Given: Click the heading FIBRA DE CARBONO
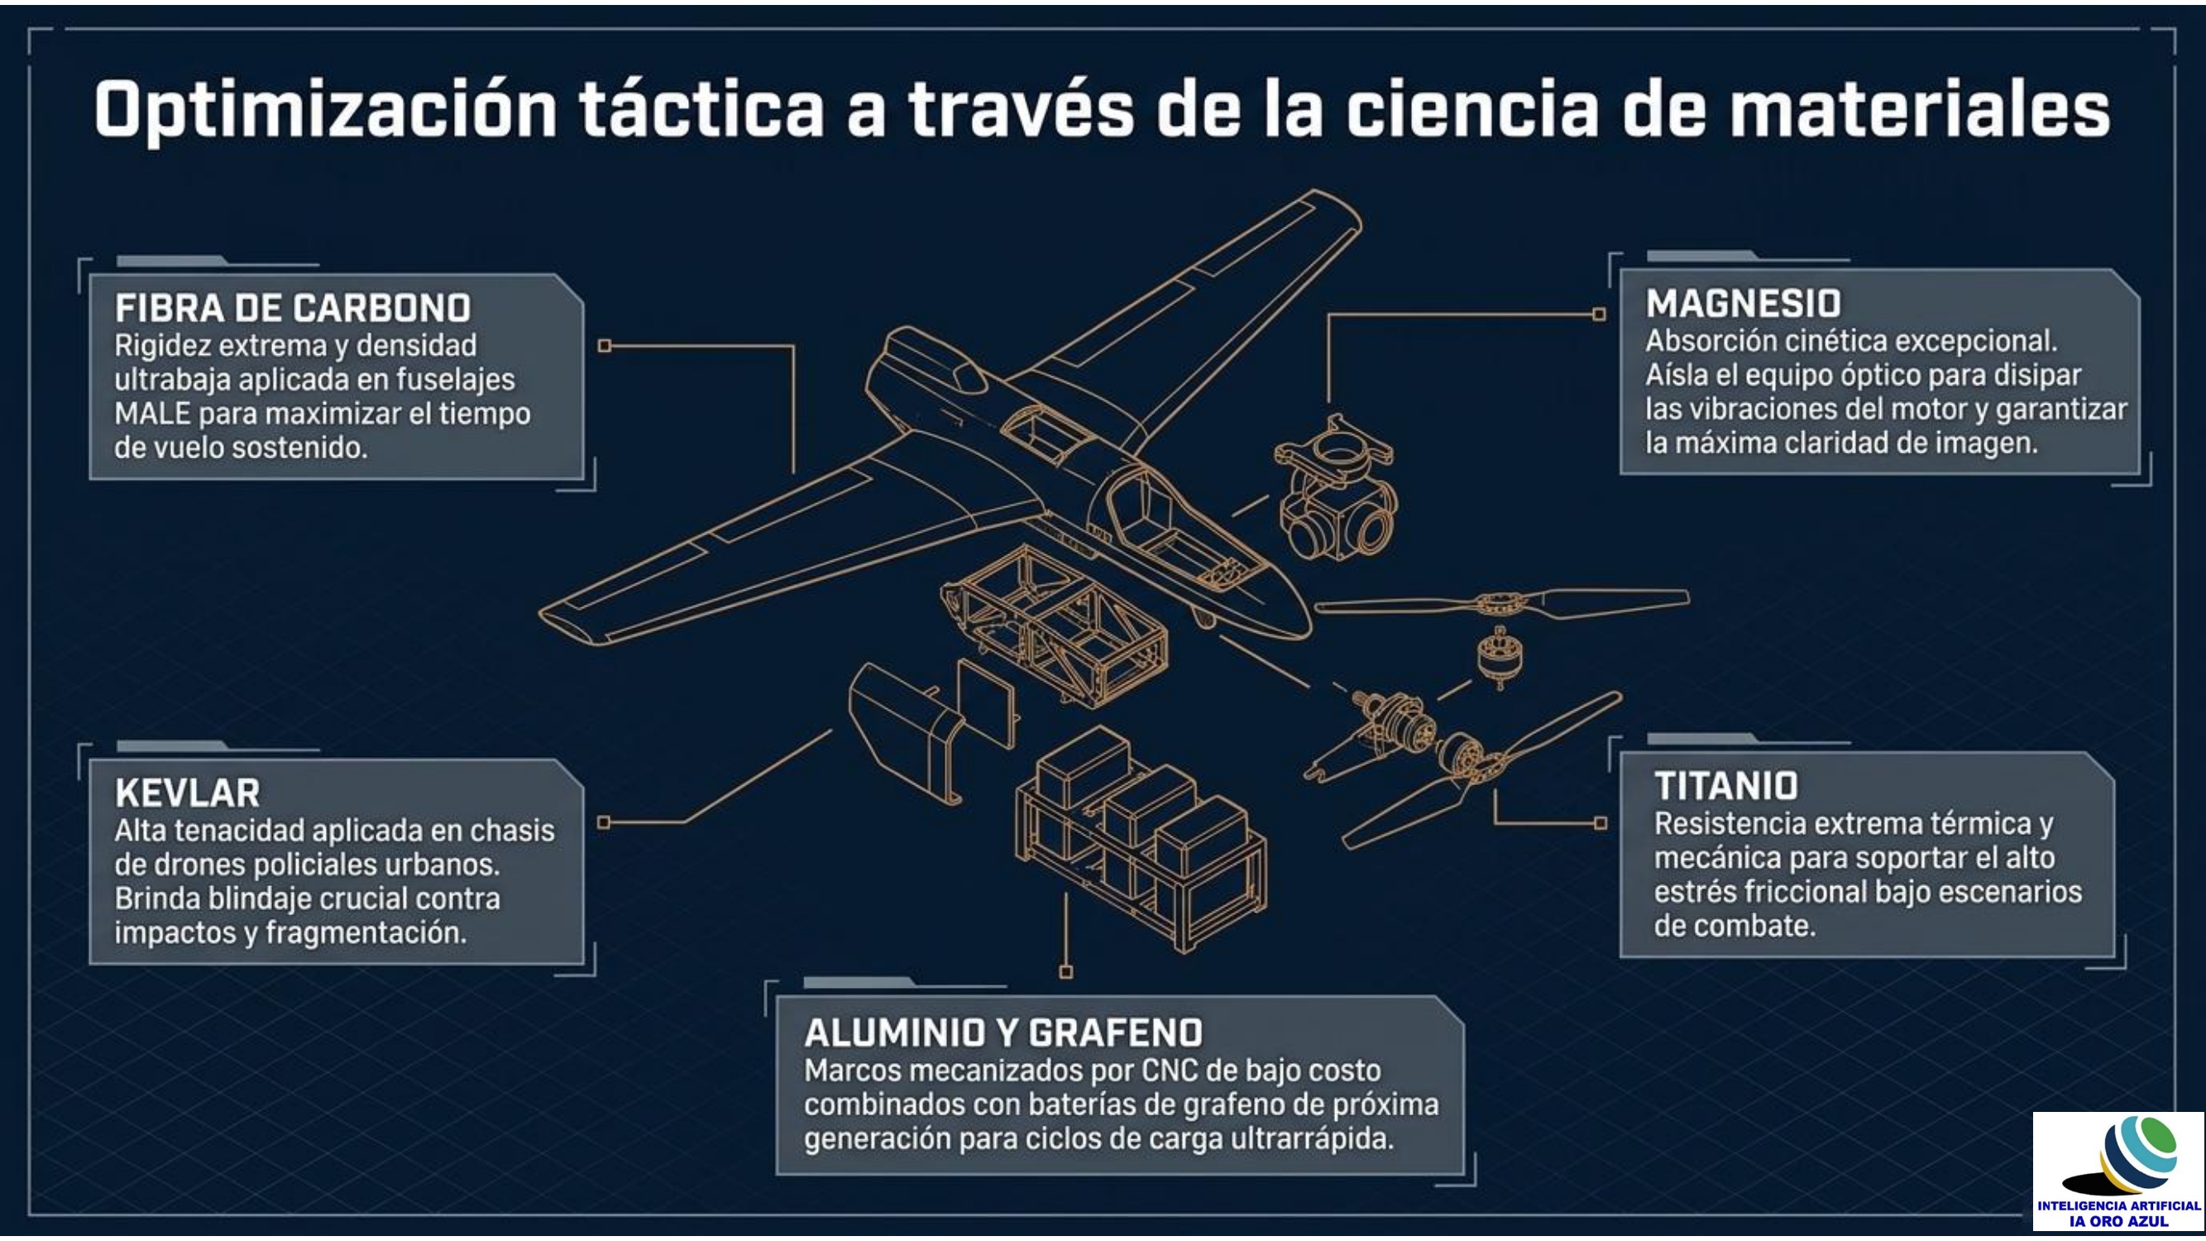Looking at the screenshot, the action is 293,309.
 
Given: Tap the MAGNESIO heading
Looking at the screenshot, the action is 1743,304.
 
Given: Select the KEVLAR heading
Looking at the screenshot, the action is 188,793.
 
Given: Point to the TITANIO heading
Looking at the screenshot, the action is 1725,786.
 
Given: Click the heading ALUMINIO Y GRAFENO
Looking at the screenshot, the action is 1003,1033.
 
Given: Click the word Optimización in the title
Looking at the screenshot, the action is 326,111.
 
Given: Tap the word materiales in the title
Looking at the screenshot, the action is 1919,111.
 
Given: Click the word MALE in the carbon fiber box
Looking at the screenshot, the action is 151,414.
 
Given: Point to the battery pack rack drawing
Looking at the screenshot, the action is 1141,839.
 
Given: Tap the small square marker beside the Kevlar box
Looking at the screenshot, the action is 604,822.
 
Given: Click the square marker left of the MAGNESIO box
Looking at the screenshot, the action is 1599,314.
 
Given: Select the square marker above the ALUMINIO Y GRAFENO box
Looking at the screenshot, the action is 1066,972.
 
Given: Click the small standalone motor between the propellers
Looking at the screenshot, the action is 1499,658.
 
